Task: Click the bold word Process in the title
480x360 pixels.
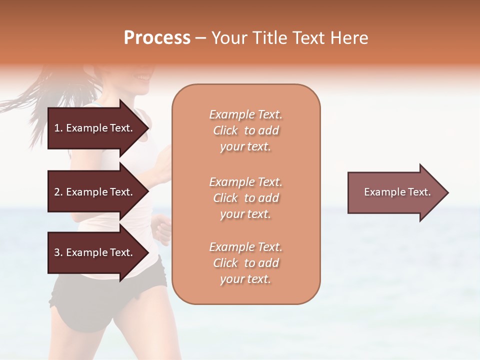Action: click(x=157, y=38)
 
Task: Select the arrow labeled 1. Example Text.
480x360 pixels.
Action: click(x=95, y=128)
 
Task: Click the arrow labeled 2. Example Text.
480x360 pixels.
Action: click(x=95, y=192)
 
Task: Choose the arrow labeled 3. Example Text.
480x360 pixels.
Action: click(x=95, y=252)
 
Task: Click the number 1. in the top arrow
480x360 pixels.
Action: click(x=58, y=128)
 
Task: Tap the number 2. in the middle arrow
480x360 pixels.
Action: click(x=58, y=192)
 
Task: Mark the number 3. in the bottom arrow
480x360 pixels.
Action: click(x=58, y=252)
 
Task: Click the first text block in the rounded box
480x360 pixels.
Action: click(x=245, y=130)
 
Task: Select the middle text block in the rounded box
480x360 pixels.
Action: click(x=245, y=198)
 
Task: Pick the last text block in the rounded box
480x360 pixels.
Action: click(x=245, y=263)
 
